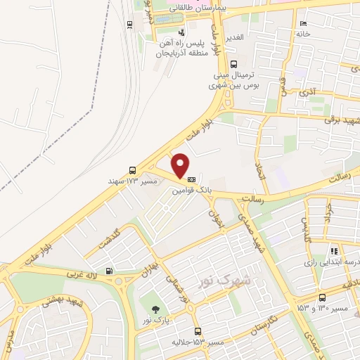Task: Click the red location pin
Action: click(x=181, y=165)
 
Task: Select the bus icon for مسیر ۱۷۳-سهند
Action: click(x=133, y=170)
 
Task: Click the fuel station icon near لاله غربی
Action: click(x=108, y=271)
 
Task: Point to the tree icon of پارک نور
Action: click(x=154, y=309)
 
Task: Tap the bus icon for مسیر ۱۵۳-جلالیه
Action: click(x=198, y=330)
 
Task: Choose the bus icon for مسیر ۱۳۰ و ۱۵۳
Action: click(x=322, y=297)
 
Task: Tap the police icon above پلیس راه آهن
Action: click(x=182, y=32)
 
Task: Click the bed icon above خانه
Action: click(x=303, y=23)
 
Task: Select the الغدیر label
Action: click(x=234, y=36)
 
